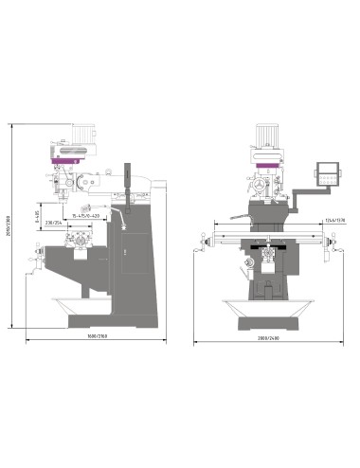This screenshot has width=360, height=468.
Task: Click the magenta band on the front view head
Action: [268, 168]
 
